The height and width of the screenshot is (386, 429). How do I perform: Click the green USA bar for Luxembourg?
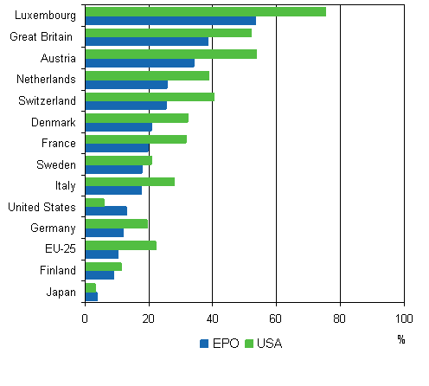pos(205,11)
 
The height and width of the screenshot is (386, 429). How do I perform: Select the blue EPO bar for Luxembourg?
pos(170,21)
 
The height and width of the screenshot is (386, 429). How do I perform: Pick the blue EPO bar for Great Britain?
pos(146,42)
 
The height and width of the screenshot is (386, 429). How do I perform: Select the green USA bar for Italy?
pos(130,182)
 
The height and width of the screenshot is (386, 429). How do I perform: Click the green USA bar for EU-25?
pos(120,245)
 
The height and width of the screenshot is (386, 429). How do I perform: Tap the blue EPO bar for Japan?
pos(91,296)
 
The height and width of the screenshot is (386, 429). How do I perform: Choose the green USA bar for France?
pos(136,138)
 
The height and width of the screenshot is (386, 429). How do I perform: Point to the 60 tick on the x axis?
pos(276,318)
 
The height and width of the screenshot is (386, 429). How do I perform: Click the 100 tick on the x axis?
pos(403,318)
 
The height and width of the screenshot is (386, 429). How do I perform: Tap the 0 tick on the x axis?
pos(85,318)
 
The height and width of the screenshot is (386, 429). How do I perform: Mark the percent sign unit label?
pos(401,339)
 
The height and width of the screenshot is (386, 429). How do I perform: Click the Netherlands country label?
pos(47,80)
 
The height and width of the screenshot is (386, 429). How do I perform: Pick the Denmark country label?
pos(54,122)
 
